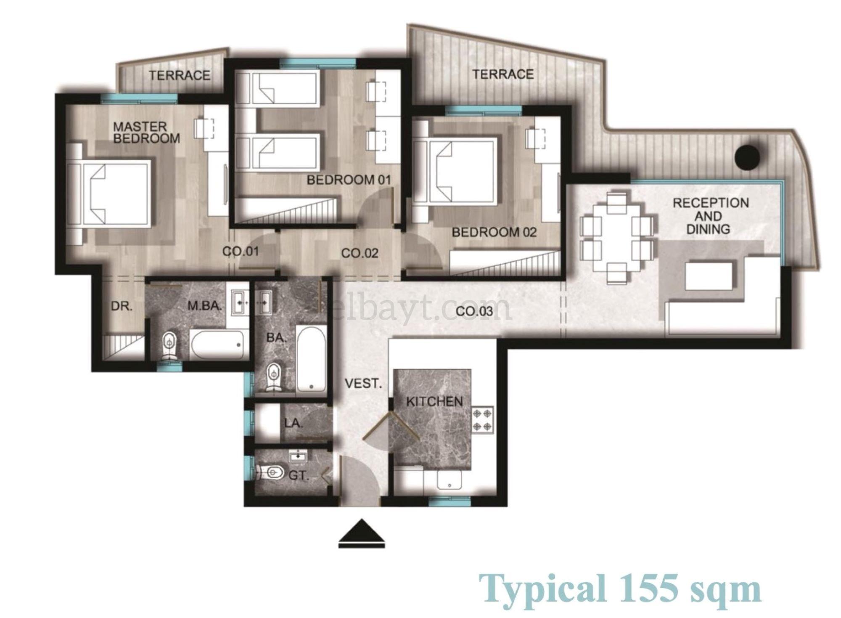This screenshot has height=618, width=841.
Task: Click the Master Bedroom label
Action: click(147, 132)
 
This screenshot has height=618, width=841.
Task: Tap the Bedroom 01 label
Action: click(349, 180)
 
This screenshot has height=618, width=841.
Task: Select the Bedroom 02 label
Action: click(494, 232)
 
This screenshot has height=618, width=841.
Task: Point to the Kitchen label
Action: click(434, 401)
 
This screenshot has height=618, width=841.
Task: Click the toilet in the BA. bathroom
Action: click(274, 377)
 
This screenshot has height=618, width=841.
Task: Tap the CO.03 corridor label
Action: click(474, 312)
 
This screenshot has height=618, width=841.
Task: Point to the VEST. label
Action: click(363, 384)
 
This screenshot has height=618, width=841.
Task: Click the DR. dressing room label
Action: click(122, 306)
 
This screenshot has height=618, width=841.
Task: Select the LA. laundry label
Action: click(294, 423)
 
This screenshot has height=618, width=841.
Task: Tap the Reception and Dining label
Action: click(711, 216)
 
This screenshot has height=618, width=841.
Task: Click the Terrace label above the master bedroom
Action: click(180, 76)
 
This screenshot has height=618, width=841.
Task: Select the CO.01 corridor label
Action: click(241, 252)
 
